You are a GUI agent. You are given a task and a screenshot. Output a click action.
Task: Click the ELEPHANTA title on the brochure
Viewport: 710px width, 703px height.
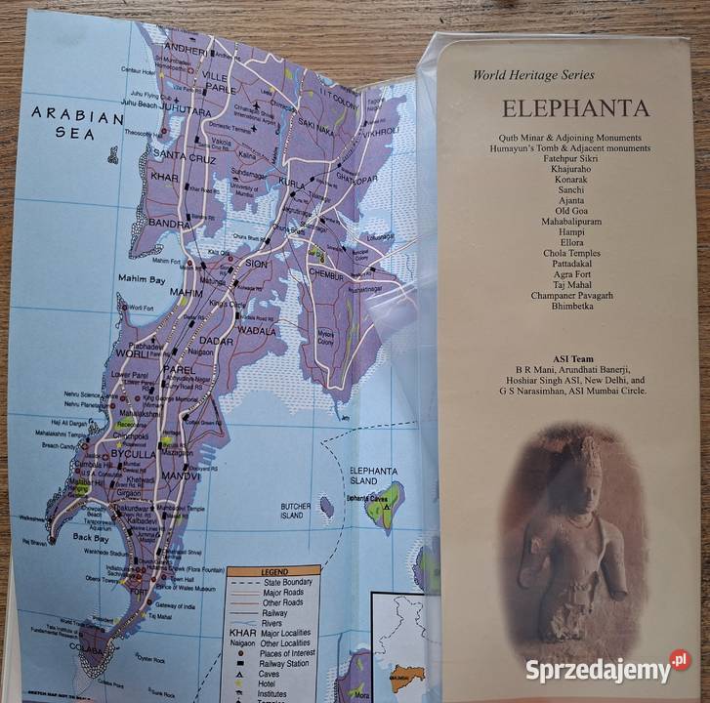[561, 108]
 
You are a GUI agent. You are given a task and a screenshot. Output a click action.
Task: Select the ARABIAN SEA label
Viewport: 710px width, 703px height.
[77, 123]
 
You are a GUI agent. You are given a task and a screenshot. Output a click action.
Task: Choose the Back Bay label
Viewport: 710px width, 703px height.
[91, 537]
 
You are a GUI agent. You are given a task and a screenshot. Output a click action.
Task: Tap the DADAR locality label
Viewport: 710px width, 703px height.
[217, 341]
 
